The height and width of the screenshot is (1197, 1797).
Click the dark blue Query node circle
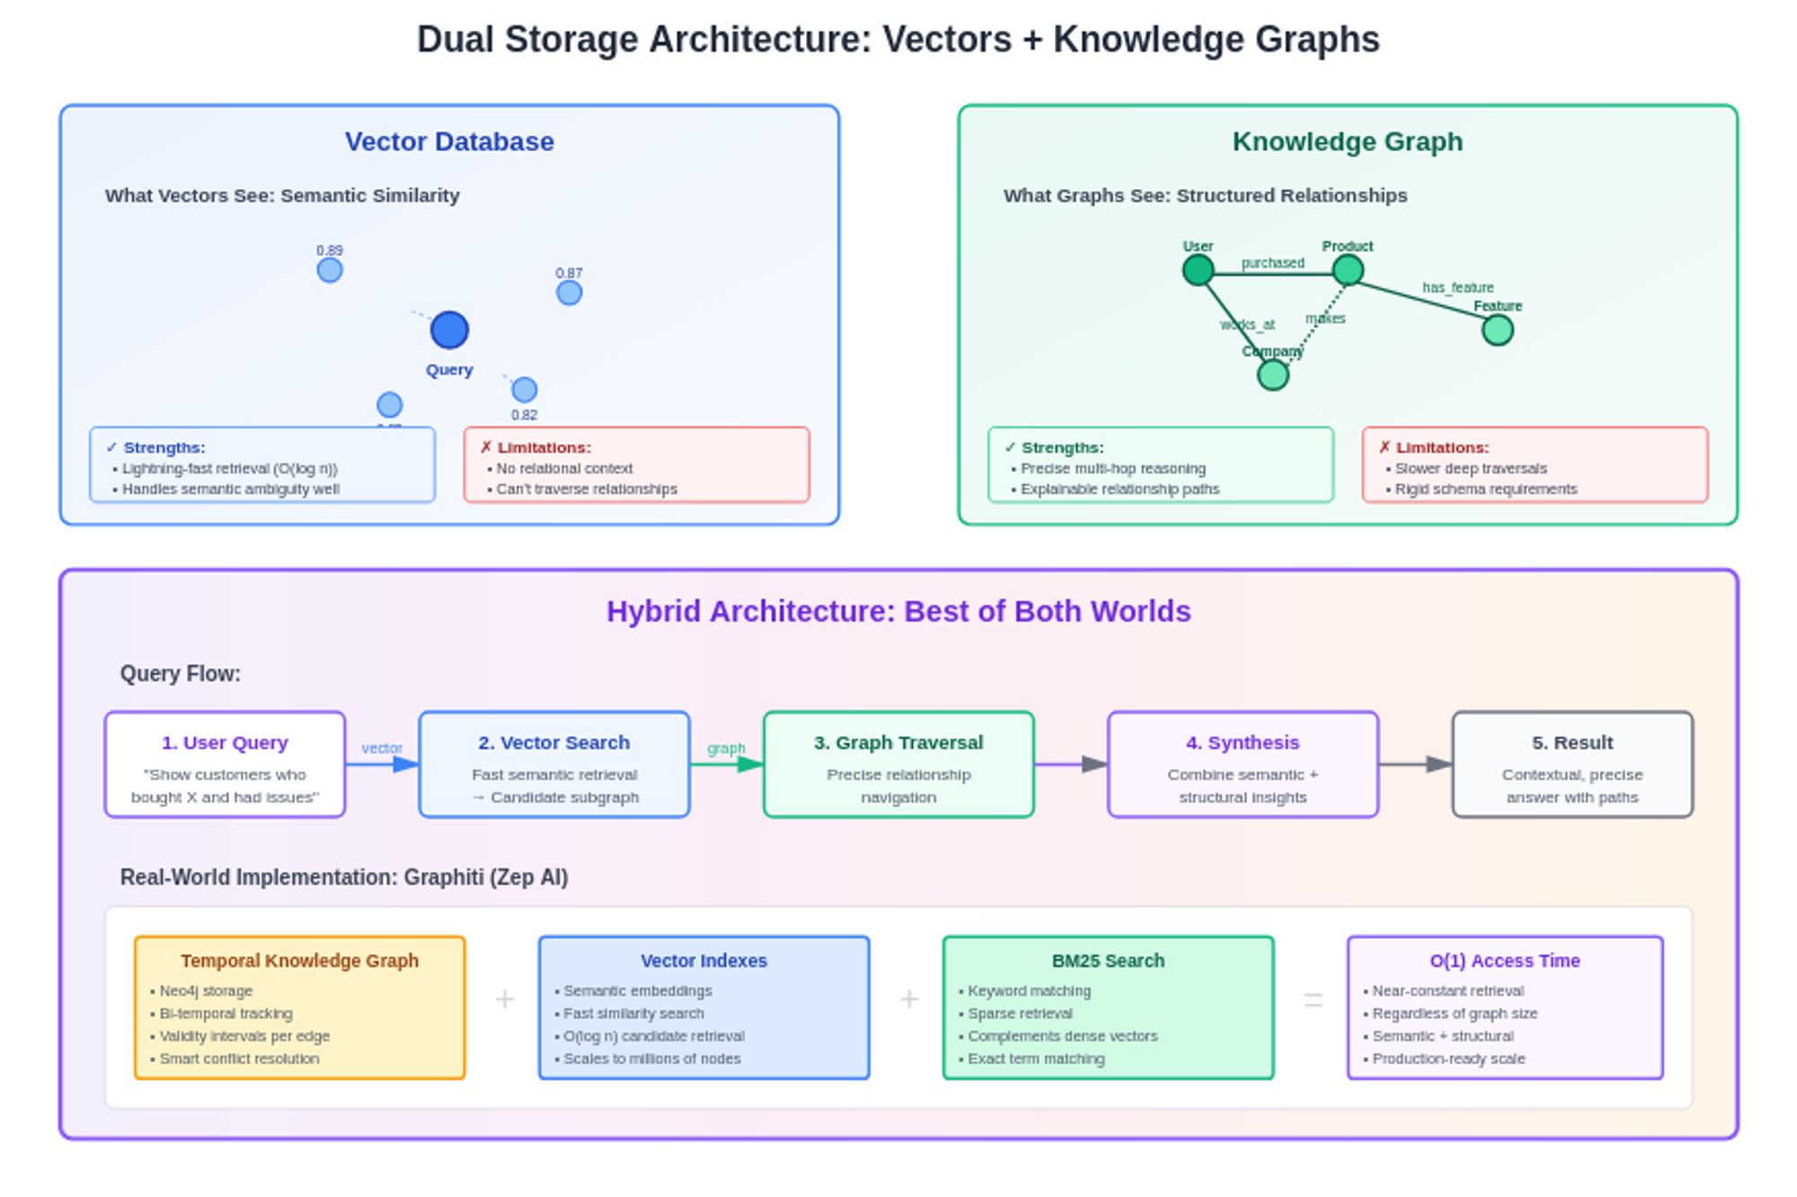(x=449, y=330)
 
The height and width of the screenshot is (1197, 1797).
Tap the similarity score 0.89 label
(x=330, y=251)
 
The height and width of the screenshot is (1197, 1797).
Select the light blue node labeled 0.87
(x=569, y=293)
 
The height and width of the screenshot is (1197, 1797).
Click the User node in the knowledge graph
(x=1198, y=270)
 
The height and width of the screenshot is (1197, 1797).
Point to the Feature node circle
(x=1497, y=331)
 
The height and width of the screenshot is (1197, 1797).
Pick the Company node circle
(x=1272, y=376)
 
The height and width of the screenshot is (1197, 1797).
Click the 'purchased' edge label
(x=1272, y=263)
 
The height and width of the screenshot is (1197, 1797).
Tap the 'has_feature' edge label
(x=1457, y=288)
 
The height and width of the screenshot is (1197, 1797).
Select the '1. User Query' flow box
(x=225, y=765)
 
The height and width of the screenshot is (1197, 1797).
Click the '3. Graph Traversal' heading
(x=898, y=743)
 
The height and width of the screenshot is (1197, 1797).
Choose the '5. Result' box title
(x=1571, y=743)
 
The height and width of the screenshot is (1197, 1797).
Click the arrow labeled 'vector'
(x=383, y=765)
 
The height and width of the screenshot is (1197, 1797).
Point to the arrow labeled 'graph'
(x=727, y=765)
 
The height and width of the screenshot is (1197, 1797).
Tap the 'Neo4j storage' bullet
(x=206, y=991)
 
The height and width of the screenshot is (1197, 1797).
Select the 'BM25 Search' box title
(x=1108, y=961)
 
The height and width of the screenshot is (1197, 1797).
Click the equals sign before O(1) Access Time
(x=1313, y=1000)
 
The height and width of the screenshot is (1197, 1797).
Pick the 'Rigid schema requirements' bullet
(x=1485, y=490)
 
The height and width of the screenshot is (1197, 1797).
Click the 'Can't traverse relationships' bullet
(x=586, y=490)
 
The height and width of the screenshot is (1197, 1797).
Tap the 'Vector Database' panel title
(x=449, y=142)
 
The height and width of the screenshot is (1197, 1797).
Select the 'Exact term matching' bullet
(x=1036, y=1060)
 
